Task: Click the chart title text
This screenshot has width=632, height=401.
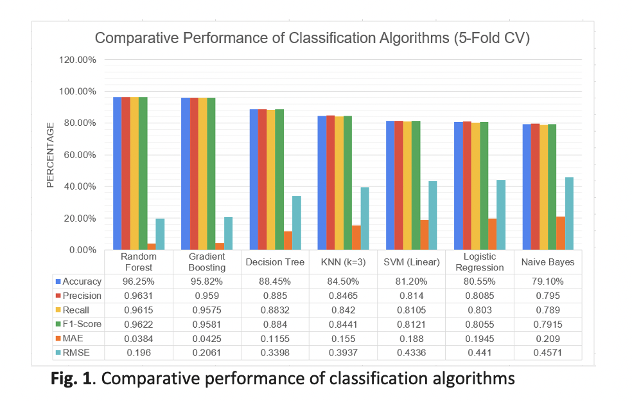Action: click(312, 39)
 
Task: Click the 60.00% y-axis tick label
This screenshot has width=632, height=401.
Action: click(79, 155)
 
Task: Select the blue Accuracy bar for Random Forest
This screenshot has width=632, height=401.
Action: click(118, 174)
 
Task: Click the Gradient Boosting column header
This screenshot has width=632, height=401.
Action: click(207, 262)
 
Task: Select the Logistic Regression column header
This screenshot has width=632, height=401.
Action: click(480, 262)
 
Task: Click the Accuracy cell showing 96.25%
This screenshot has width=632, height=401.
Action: click(139, 281)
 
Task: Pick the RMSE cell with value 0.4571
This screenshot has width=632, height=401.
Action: click(548, 353)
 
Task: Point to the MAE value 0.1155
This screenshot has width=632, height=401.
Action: click(275, 339)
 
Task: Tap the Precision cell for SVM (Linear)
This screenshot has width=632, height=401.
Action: click(411, 296)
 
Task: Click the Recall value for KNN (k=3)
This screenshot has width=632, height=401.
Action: click(343, 310)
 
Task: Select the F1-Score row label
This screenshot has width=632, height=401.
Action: click(82, 324)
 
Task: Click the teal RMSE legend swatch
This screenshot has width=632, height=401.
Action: click(59, 353)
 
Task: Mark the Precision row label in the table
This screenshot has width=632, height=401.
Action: click(82, 296)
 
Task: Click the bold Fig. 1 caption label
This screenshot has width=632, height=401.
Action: click(71, 379)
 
